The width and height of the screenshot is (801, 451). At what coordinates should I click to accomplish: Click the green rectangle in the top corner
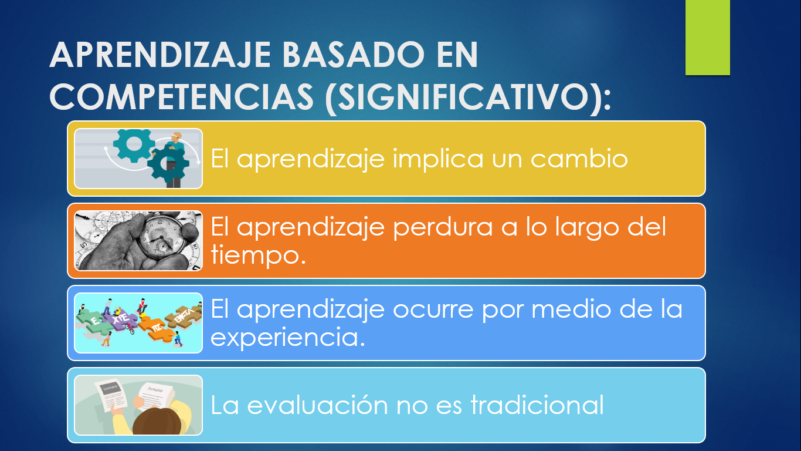(x=707, y=38)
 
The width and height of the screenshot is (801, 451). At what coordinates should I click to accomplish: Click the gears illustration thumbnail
(x=138, y=159)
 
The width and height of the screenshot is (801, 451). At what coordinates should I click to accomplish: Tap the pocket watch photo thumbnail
(x=138, y=241)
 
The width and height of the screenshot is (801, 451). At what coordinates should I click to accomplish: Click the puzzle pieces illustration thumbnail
(x=138, y=323)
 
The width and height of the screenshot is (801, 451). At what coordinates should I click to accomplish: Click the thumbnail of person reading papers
(x=138, y=405)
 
